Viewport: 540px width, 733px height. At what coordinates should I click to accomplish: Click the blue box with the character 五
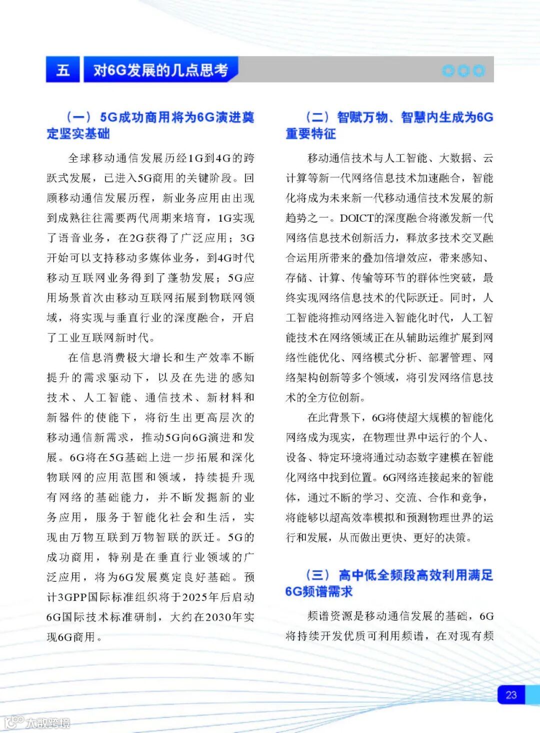(x=63, y=69)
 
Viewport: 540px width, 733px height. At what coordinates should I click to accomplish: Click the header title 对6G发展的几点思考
(x=160, y=70)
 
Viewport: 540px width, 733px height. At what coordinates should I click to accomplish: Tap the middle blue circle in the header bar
(x=463, y=71)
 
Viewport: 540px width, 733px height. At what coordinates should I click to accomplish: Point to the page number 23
(x=511, y=694)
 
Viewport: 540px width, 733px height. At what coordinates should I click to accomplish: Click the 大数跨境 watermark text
(x=48, y=723)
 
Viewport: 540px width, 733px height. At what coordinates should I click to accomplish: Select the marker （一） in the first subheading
(x=78, y=117)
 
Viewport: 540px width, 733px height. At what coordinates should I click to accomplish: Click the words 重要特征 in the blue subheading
(x=310, y=134)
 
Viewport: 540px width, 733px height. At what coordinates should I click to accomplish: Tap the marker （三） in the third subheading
(x=317, y=575)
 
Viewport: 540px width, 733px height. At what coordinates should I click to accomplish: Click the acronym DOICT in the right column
(x=357, y=218)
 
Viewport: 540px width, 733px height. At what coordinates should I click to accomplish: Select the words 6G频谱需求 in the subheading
(x=318, y=591)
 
